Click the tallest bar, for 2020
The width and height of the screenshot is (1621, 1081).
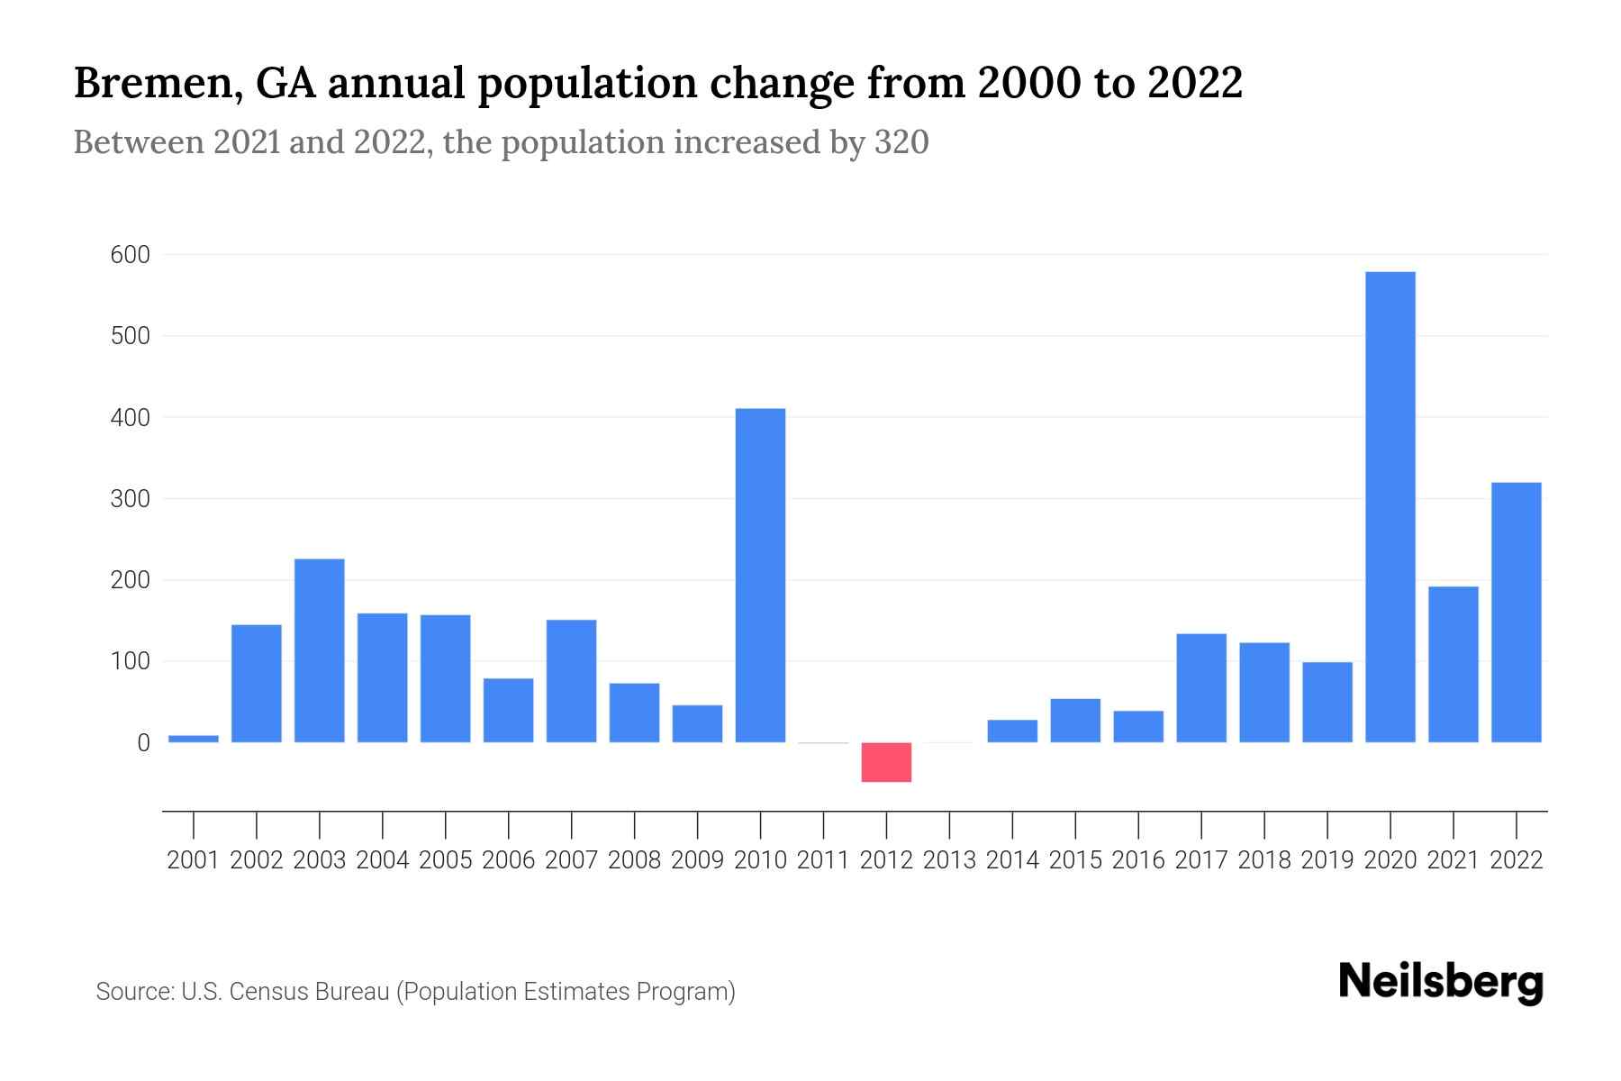click(x=1390, y=506)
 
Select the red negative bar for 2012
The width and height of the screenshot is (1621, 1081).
click(x=886, y=762)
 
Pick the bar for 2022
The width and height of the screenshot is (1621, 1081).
click(x=1516, y=613)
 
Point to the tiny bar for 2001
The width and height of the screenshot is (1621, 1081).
click(x=194, y=739)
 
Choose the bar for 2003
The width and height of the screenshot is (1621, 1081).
click(x=319, y=650)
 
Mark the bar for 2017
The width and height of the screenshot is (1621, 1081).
click(x=1200, y=688)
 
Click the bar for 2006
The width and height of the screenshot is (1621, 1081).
click(x=508, y=710)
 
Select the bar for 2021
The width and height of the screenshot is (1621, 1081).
click(x=1453, y=664)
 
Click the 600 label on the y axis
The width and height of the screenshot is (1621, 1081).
click(x=130, y=255)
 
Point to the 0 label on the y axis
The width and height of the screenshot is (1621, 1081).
click(x=143, y=743)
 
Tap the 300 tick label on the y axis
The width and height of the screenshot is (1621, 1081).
click(x=130, y=499)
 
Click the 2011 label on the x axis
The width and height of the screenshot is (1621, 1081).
click(x=823, y=860)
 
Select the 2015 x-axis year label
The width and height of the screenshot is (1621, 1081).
click(x=1075, y=860)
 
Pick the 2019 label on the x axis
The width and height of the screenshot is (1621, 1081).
click(x=1327, y=860)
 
